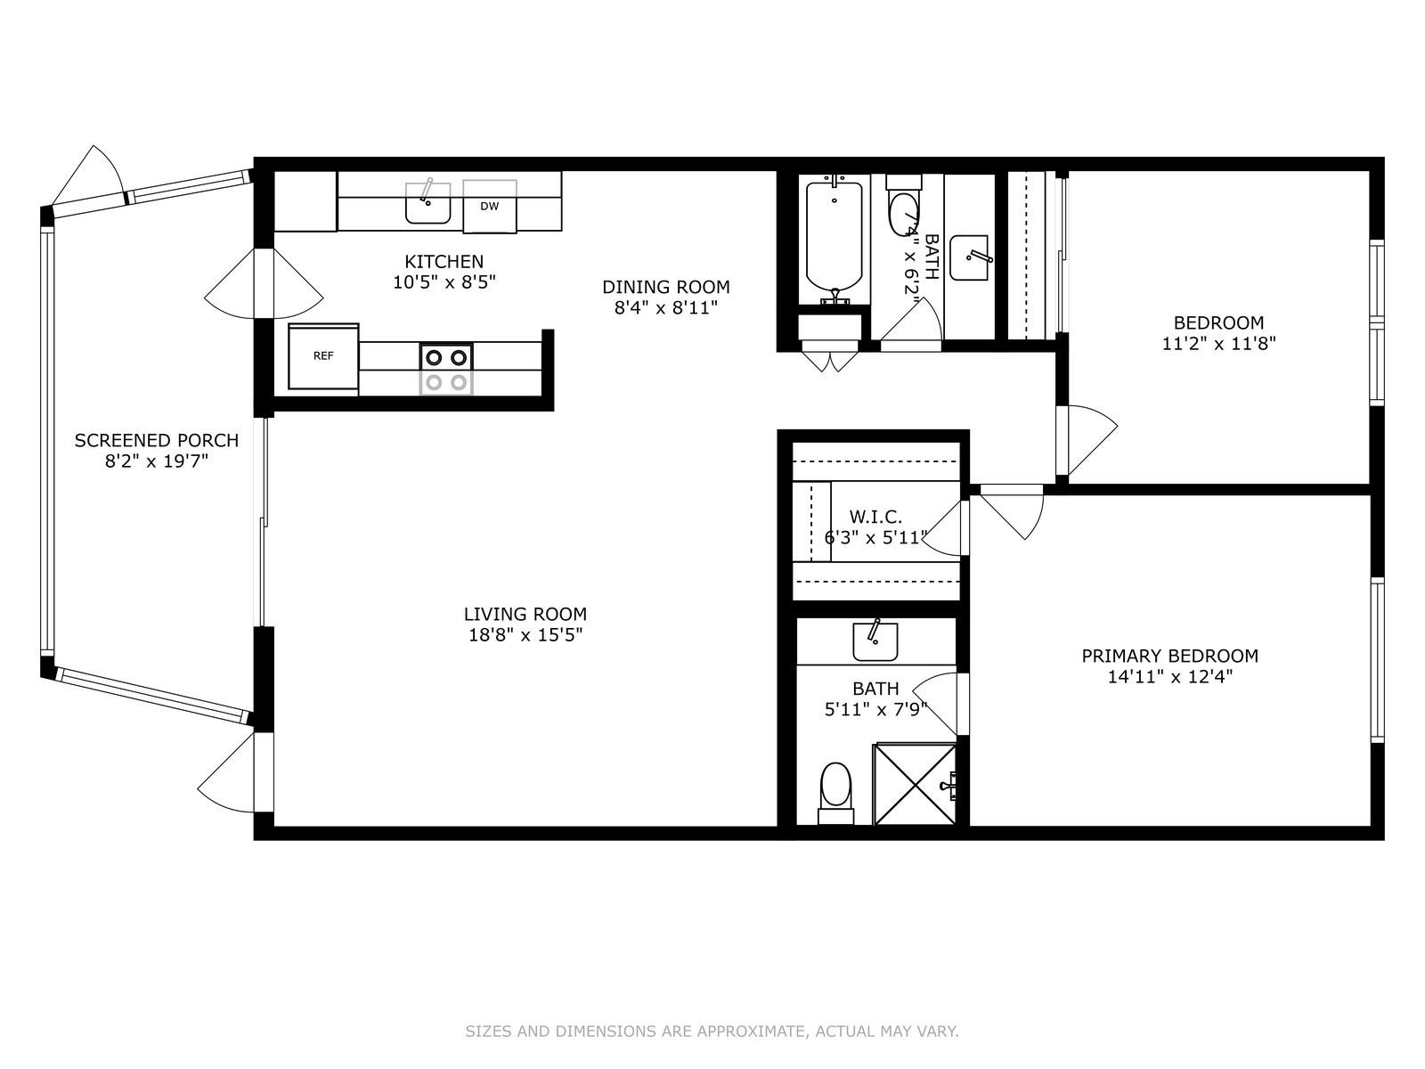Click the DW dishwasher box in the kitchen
point(490,207)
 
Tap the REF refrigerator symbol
point(323,356)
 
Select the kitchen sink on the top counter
point(427,204)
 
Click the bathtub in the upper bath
point(835,237)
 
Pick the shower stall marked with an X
point(916,784)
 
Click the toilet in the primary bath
point(835,789)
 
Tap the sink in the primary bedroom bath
point(875,641)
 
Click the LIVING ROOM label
point(525,614)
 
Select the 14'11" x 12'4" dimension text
point(1169,677)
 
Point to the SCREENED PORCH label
point(157,440)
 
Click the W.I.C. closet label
point(875,517)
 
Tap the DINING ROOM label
point(665,287)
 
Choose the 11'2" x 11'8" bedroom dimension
point(1218,344)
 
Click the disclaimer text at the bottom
point(712,1032)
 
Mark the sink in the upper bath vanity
point(971,257)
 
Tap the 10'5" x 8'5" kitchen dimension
point(444,282)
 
